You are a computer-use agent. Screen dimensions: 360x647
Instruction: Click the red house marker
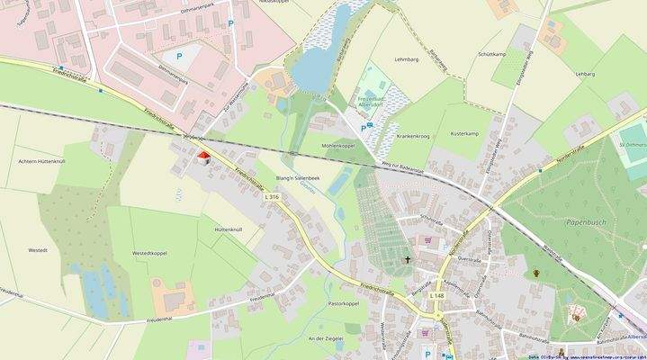(x=203, y=157)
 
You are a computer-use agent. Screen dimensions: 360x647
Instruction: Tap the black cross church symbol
(x=407, y=260)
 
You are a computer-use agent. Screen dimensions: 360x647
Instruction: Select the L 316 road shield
(x=272, y=196)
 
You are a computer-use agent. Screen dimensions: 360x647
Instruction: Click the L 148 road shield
(x=436, y=295)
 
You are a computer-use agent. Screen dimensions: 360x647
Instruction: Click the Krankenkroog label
(x=409, y=136)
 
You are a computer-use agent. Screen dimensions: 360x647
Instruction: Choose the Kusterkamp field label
(x=464, y=133)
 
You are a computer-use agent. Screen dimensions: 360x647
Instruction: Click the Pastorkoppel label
(x=344, y=304)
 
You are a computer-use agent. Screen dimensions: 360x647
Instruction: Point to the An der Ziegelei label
(x=325, y=338)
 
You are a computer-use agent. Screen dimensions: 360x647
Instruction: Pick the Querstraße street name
(x=471, y=256)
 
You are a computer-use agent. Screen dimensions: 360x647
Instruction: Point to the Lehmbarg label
(x=407, y=58)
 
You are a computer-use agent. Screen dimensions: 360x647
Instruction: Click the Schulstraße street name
(x=431, y=219)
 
